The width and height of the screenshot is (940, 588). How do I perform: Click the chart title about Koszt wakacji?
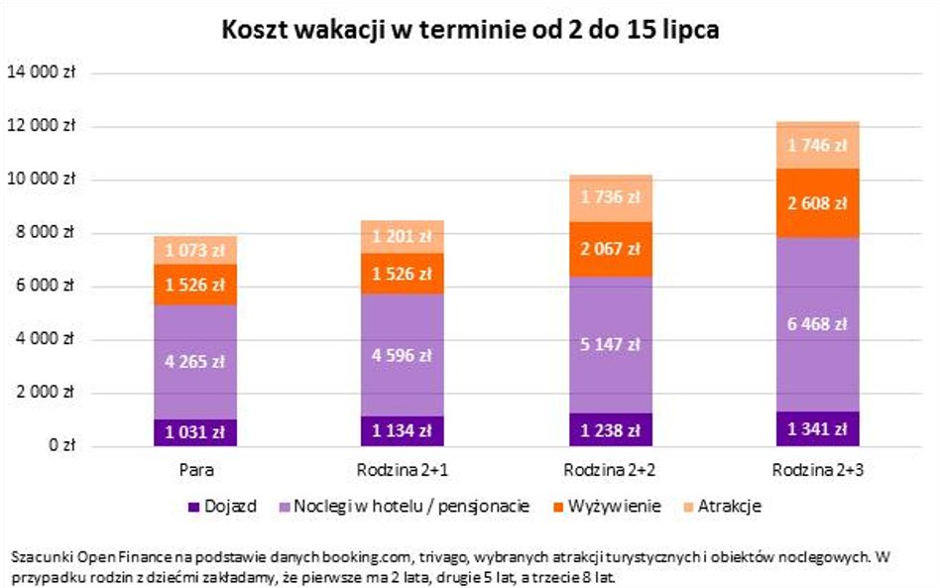click(470, 31)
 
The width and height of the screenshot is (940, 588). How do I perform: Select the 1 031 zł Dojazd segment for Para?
click(195, 432)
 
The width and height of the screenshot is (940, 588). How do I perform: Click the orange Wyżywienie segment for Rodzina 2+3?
click(817, 203)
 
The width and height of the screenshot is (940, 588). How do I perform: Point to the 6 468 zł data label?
click(817, 324)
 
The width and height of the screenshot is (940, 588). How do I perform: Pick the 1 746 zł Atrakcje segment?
click(817, 145)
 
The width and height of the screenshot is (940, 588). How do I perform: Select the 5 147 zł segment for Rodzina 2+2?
click(610, 344)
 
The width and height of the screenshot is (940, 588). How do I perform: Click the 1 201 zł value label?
click(403, 237)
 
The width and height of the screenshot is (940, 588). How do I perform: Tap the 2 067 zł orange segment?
click(610, 249)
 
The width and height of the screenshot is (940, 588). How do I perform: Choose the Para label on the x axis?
click(195, 469)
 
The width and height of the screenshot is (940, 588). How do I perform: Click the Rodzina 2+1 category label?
click(403, 469)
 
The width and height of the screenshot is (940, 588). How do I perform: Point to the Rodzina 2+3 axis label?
click(817, 469)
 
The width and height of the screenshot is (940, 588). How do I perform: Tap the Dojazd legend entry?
click(227, 507)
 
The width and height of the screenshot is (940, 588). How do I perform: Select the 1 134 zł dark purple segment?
click(403, 431)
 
